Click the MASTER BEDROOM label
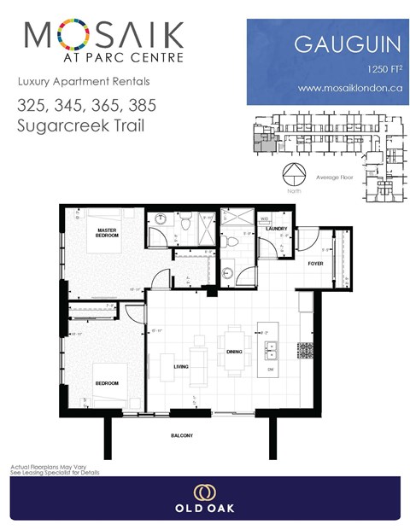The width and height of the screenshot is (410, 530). [x=107, y=232]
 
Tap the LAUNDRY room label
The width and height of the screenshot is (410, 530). [x=276, y=229]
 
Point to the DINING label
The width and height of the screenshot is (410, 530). [x=235, y=351]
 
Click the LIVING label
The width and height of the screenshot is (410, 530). [x=181, y=366]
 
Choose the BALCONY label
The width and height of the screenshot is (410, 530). [x=180, y=436]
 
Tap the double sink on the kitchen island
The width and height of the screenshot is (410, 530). [x=271, y=349]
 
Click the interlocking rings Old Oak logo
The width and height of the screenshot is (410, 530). [x=204, y=493]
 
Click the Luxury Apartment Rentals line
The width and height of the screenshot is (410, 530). [x=83, y=82]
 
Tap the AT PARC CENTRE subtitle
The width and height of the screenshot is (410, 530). [x=104, y=59]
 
